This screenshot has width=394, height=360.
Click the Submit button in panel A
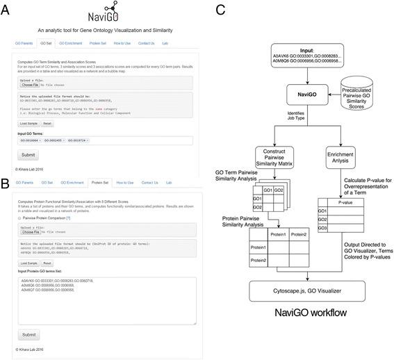[x=28, y=155]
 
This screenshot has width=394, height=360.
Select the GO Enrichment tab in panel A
[x=70, y=42]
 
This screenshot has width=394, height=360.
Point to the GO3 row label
[x=322, y=247]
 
